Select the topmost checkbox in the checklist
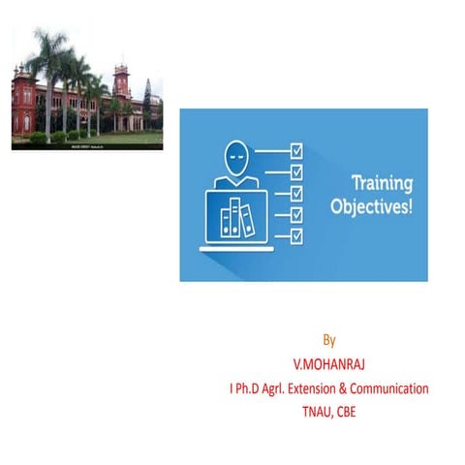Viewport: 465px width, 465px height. point(296,151)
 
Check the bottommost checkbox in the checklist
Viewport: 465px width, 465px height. point(296,234)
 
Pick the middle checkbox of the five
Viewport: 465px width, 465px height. point(296,193)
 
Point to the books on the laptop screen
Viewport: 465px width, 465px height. point(236,215)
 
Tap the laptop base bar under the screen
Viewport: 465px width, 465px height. point(238,248)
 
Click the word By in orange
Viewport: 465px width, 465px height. point(329,340)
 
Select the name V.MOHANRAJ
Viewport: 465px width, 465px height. point(329,364)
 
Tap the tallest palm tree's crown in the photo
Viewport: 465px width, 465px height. point(48,48)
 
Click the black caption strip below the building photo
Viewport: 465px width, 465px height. point(87,146)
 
